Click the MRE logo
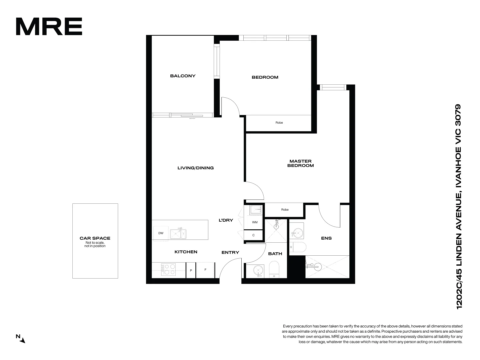49,26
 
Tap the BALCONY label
183,76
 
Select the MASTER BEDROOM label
300,163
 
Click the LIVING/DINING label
195,168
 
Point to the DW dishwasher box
161,233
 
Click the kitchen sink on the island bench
178,234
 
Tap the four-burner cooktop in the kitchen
168,269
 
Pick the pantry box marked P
191,270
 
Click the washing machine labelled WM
255,222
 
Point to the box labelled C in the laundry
253,235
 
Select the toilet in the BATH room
274,269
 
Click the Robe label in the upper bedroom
279,123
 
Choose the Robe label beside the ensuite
285,210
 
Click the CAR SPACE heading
95,238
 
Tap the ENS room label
326,238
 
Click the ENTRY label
230,253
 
